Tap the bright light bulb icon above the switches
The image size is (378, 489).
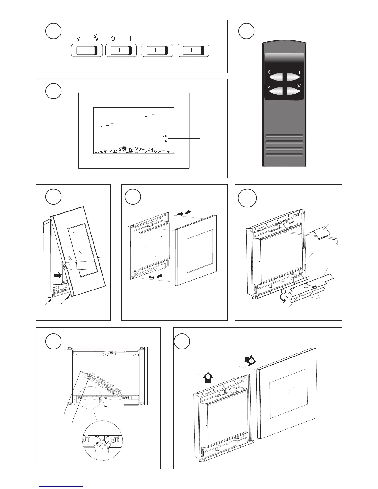pos(97,38)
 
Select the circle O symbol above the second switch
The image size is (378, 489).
pos(113,39)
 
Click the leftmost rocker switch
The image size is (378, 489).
pos(86,51)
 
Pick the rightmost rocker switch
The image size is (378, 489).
pos(193,51)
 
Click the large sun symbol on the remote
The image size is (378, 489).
pos(299,86)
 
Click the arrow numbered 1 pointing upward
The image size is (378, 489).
pos(208,377)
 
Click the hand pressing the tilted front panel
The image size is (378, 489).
pos(69,264)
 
